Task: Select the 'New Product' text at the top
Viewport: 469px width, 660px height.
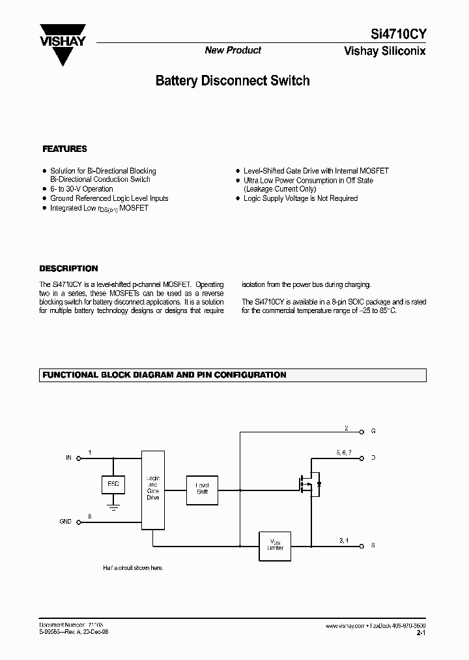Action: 233,50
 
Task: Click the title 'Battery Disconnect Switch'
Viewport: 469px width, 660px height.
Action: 233,81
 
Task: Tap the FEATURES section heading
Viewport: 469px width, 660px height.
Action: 64,149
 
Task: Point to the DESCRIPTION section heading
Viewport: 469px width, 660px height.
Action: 68,268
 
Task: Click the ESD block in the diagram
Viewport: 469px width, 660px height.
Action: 113,485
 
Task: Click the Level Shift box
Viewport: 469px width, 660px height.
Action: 203,488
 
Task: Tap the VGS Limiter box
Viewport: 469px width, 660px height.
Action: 276,543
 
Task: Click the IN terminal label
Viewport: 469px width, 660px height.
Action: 68,458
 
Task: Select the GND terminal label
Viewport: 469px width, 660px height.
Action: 66,522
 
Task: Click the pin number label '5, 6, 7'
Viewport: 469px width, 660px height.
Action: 344,452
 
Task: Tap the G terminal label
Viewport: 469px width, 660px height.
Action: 373,431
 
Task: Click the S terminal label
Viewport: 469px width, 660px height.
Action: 373,545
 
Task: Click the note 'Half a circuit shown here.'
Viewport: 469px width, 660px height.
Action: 133,567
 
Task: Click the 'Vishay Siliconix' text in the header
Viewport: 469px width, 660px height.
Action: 384,52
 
